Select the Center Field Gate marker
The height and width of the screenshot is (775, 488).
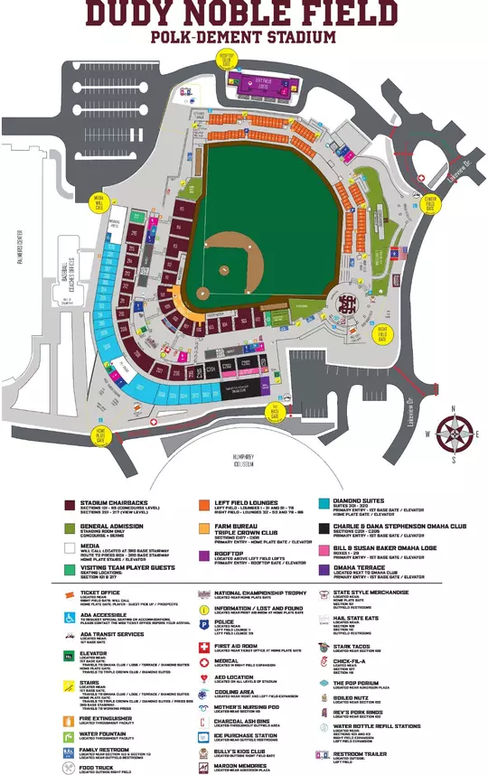[x=429, y=203]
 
